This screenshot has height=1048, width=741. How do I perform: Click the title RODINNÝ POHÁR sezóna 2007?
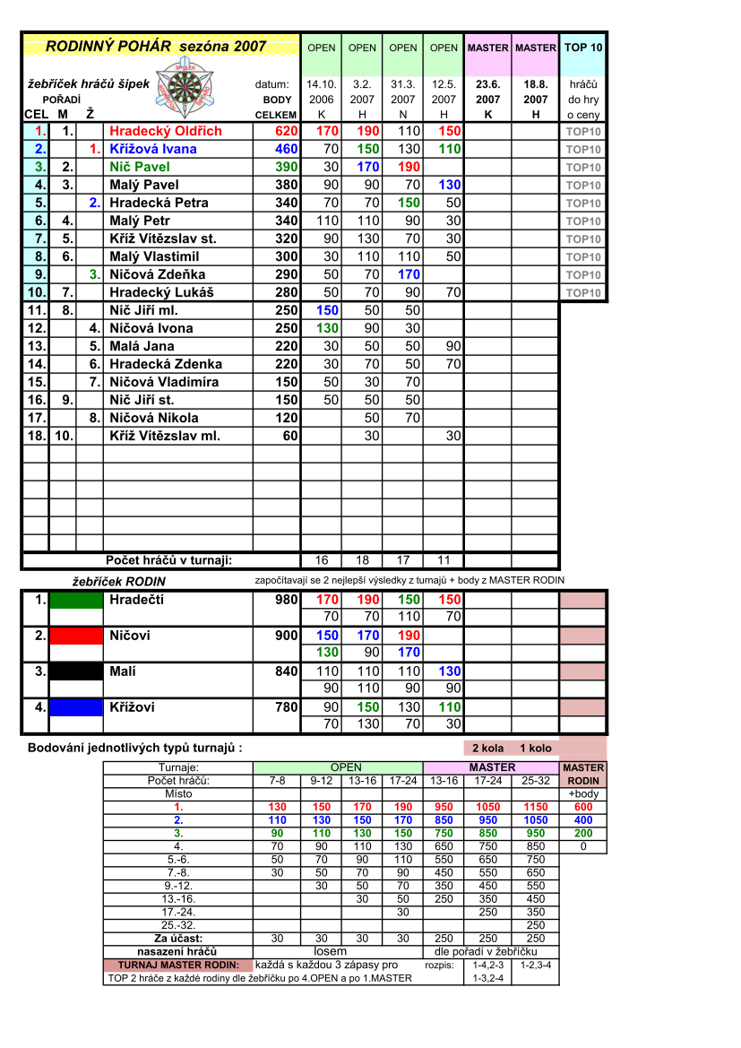point(156,46)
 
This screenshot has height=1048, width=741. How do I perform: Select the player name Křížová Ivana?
point(152,149)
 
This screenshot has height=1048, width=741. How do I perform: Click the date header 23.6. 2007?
point(487,91)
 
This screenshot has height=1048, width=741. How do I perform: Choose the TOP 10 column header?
point(583,48)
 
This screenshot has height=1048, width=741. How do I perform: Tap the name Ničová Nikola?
point(153,418)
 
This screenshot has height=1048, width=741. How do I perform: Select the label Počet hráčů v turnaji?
point(168,560)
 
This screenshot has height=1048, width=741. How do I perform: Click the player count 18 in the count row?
point(362,560)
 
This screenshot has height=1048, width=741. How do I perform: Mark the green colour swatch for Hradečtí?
point(76,600)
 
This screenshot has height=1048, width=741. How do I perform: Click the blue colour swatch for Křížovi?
point(76,707)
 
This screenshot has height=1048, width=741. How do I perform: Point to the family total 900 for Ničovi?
point(286,636)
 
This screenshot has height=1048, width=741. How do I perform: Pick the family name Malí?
point(124,671)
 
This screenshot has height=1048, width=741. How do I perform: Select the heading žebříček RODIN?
point(118,581)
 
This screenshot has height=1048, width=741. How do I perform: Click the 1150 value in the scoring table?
point(536,807)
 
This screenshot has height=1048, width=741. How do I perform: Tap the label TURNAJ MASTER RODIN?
point(178,965)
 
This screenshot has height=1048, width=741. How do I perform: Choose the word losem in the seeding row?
point(330,951)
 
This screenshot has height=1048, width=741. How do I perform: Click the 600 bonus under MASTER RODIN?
point(583,807)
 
